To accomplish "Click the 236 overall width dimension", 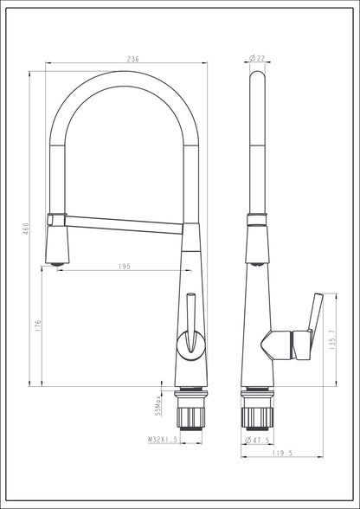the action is point(132,59).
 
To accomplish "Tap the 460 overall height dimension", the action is point(26,229).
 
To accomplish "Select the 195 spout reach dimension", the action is point(125,267).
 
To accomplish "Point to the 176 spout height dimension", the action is point(38,325).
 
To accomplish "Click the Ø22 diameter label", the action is point(257,59).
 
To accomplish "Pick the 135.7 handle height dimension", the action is point(332,340).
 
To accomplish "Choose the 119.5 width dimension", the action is point(282,454).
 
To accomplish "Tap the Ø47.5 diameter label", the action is point(257,440).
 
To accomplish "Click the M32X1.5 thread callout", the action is point(163,440).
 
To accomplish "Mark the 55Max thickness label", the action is point(158,406).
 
